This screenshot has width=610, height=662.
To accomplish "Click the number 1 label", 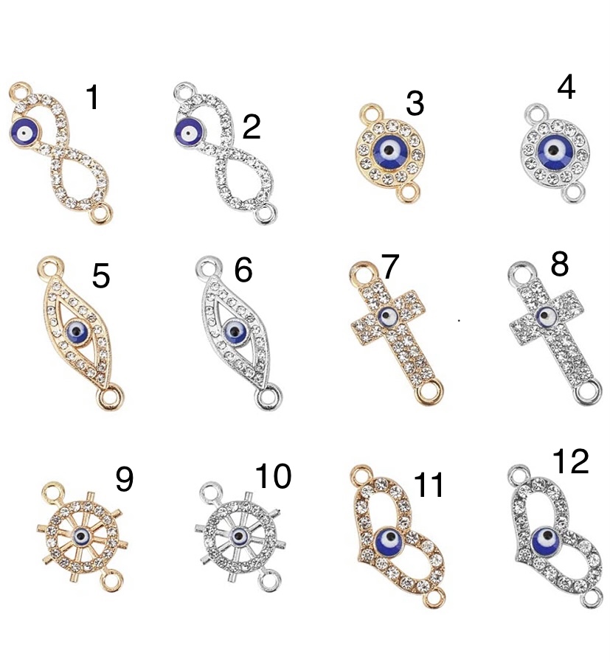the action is click(x=92, y=97).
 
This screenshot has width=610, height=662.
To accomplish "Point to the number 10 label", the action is click(x=274, y=475).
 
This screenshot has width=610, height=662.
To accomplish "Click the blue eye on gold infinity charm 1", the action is click(x=24, y=133).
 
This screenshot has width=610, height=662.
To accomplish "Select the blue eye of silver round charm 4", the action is click(x=554, y=150).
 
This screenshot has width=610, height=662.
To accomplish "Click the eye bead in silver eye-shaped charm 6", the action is click(x=235, y=332).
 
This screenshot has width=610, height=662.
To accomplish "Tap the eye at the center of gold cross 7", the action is click(x=387, y=316).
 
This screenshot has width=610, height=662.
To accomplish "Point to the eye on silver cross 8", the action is click(x=546, y=316).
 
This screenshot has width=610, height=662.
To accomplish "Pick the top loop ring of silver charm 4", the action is click(x=536, y=113).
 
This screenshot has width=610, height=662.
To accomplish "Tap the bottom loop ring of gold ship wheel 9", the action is click(x=112, y=580).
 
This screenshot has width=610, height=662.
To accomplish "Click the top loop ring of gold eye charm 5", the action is click(x=51, y=266).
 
